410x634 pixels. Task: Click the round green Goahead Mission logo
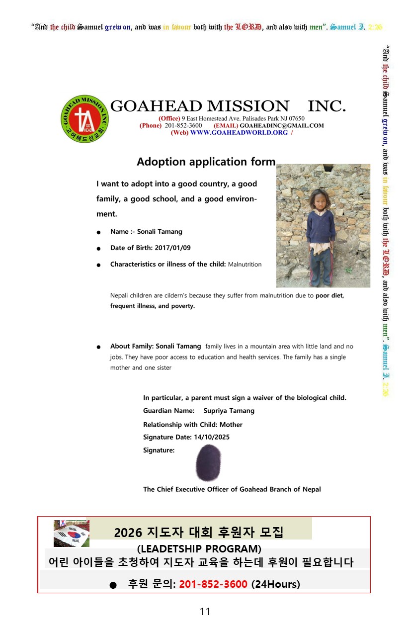[84, 119]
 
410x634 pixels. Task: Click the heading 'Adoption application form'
[206, 162]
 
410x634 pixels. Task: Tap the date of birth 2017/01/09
[172, 248]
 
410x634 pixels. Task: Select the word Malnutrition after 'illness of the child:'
[245, 265]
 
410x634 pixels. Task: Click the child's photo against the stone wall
[323, 226]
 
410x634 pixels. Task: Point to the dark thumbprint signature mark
[208, 462]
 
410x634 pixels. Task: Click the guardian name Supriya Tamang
[229, 411]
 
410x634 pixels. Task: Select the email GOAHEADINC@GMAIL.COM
[282, 126]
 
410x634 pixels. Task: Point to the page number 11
[205, 612]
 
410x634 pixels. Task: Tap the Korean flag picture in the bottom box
[72, 533]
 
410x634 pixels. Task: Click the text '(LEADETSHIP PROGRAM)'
[199, 549]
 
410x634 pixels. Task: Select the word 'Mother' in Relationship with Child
[231, 425]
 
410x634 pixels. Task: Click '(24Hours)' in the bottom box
[276, 584]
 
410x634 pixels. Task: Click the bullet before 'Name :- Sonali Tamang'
[99, 232]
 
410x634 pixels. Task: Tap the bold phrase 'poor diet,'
[329, 295]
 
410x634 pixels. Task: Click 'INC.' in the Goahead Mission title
[327, 106]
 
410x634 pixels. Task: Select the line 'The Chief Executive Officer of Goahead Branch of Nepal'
[232, 489]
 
